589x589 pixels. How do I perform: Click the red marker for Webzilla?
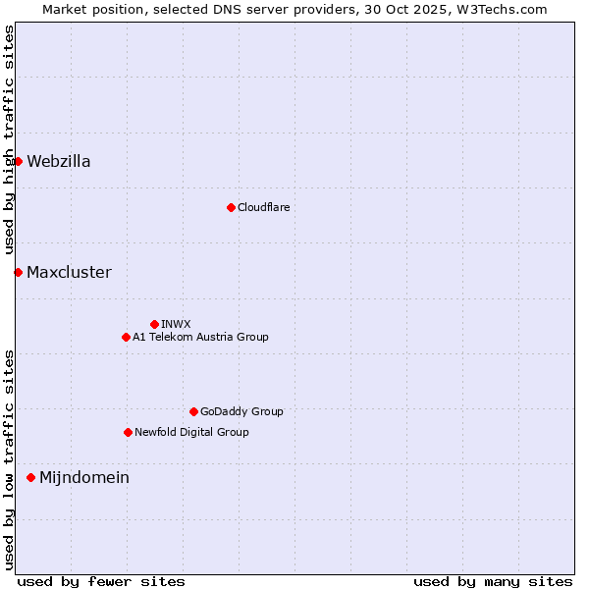(x=18, y=161)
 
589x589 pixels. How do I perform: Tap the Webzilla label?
(x=59, y=162)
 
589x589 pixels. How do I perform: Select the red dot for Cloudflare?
(x=231, y=207)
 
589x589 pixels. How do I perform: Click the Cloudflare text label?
(x=263, y=208)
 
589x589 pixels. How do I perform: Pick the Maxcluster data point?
(x=18, y=272)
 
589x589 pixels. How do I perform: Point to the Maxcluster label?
(x=69, y=273)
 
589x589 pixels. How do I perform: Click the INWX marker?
(x=154, y=324)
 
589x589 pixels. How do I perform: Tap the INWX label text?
(x=176, y=325)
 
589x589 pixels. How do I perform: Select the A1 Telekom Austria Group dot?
(x=126, y=337)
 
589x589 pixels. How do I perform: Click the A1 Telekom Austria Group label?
(x=200, y=338)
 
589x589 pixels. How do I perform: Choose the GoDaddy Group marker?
(x=193, y=411)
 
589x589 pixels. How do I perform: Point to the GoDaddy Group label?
(x=241, y=412)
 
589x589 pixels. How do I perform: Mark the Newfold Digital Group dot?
(x=128, y=432)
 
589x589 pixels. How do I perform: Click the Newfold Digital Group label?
(x=191, y=433)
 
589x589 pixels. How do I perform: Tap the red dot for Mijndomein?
(x=30, y=477)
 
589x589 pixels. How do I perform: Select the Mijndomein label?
(x=84, y=478)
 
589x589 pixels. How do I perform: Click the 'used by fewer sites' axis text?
(x=101, y=581)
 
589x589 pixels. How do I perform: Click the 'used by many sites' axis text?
(x=493, y=581)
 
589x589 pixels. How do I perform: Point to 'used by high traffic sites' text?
(x=9, y=139)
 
